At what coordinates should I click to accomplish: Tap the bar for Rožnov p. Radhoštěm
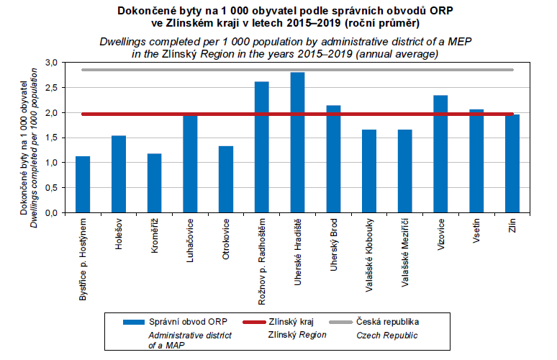click(x=262, y=147)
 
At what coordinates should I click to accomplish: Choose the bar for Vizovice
click(x=440, y=154)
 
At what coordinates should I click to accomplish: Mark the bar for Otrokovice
click(x=226, y=179)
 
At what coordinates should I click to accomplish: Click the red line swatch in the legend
click(x=253, y=322)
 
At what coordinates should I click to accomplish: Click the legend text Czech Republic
click(x=386, y=335)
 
